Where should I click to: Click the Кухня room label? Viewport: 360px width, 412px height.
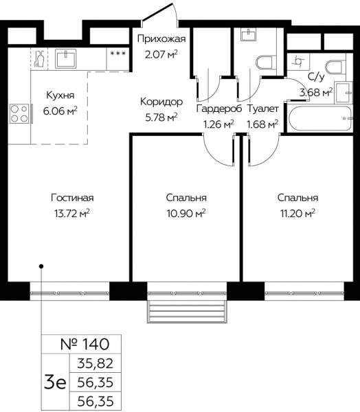pos(60,95)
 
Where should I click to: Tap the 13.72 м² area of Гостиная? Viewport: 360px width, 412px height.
pos(71,214)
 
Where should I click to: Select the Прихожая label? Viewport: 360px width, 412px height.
pos(161,39)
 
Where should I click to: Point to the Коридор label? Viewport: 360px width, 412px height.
pos(161,102)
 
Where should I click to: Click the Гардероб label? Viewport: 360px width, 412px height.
pos(218,108)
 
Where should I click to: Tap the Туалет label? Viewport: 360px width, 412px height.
pos(262,108)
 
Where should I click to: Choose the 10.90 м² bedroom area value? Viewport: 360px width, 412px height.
pos(186,214)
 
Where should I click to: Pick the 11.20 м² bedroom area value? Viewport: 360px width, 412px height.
pos(297,214)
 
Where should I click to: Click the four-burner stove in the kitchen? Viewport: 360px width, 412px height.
pos(19,114)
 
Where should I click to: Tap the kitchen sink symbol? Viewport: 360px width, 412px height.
pos(66,58)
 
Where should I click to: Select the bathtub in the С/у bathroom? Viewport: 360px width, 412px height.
pos(319,118)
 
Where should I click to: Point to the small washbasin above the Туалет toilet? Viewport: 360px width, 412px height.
pos(248,34)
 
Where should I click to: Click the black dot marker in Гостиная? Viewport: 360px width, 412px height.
pos(41,266)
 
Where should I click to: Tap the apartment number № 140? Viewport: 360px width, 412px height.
pos(85,344)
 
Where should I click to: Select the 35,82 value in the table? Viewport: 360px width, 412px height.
pos(95,364)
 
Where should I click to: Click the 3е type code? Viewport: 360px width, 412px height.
pos(55,382)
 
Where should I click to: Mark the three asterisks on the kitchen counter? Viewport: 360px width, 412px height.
pos(118,54)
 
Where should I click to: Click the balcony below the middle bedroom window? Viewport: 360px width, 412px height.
pos(187,311)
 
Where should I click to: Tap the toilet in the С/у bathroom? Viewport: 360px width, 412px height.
pos(335,67)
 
